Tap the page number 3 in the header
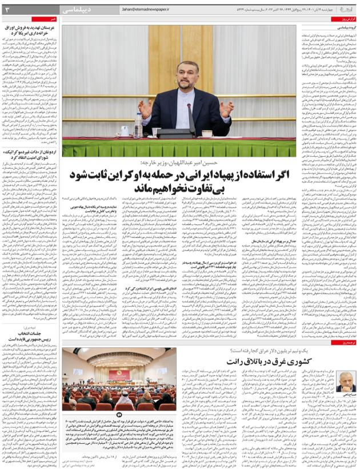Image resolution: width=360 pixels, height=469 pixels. [7, 9]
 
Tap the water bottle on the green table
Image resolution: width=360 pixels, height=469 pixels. [139, 125]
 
